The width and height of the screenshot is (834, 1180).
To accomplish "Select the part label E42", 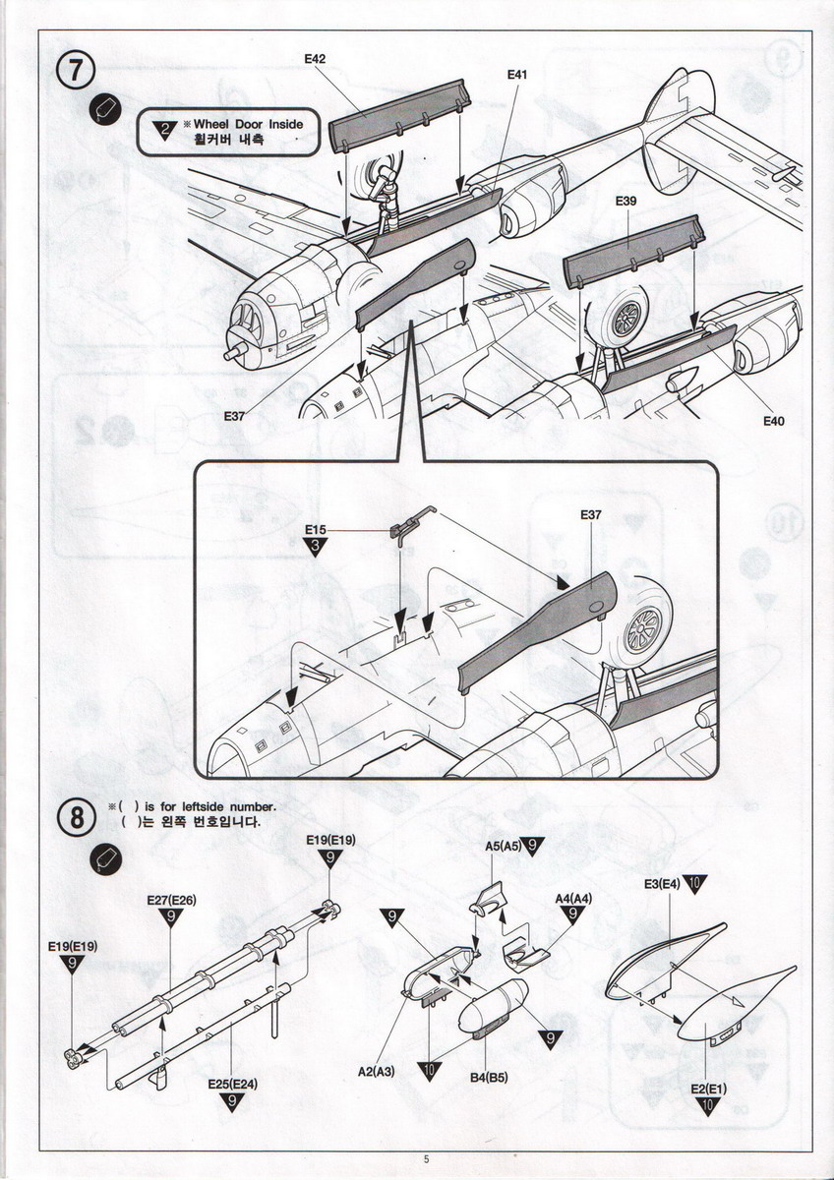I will click(x=315, y=59).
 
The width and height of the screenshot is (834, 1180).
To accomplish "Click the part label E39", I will click(x=626, y=201).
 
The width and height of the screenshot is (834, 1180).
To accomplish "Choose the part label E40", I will click(x=774, y=421).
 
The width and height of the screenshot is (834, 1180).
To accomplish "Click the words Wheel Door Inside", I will click(x=248, y=125).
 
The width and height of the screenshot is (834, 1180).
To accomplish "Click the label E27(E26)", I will click(x=171, y=900).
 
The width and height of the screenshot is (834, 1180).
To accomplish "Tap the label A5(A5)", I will click(x=505, y=845).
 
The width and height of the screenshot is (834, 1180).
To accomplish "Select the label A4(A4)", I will click(x=573, y=898).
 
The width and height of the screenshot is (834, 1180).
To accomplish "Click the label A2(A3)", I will click(x=376, y=1071).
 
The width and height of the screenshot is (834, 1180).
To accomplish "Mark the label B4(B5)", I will click(x=489, y=1078).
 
